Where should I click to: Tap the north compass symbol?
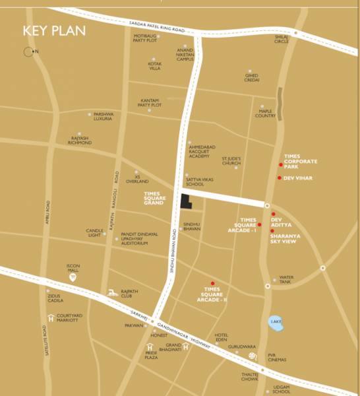28,51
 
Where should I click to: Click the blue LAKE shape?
276,323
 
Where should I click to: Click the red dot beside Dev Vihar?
280,178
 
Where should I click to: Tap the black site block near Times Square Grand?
185,202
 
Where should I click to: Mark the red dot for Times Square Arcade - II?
212,283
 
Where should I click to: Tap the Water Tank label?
286,280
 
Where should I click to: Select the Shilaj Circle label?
282,39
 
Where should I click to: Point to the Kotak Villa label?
154,66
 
